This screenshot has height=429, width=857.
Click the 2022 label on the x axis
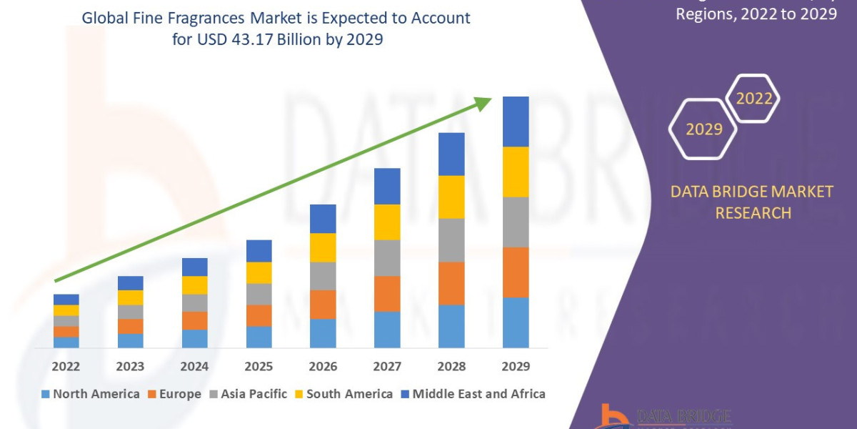click(x=66, y=367)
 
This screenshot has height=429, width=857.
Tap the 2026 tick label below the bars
click(x=323, y=367)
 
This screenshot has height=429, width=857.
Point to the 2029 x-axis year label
click(x=516, y=367)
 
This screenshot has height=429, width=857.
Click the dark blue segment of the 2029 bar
click(x=516, y=122)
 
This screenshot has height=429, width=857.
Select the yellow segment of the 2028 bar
click(x=451, y=197)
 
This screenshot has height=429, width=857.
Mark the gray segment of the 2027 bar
click(x=387, y=257)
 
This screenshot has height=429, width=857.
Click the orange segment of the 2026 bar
click(x=323, y=304)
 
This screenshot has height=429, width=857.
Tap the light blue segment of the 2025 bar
click(x=259, y=337)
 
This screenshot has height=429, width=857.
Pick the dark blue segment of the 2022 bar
click(x=66, y=299)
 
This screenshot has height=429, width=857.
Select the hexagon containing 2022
click(x=753, y=99)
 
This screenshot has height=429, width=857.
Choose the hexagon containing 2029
click(x=703, y=129)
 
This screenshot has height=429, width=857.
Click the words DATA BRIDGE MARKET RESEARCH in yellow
click(x=753, y=202)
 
